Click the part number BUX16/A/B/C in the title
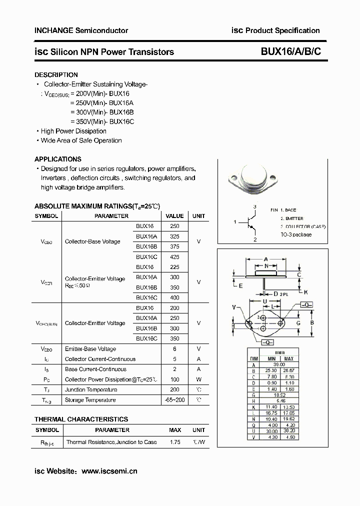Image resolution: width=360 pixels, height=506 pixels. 290,51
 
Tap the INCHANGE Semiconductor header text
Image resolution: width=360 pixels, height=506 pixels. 81,30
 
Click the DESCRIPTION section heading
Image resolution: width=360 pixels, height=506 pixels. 56,74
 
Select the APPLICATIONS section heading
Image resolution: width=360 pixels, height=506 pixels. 57,159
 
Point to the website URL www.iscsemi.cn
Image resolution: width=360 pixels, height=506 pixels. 109,471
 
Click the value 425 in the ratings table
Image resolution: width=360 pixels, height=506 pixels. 174,257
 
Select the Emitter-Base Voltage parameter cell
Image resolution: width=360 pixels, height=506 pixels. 90,349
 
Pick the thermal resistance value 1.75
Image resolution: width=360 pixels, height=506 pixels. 174,442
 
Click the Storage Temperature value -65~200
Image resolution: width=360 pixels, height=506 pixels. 174,400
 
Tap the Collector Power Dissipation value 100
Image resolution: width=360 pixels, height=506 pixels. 174,379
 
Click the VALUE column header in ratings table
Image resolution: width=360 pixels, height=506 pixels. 174,216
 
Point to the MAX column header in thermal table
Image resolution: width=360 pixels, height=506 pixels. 174,430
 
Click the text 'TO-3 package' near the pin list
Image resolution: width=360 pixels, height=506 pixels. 295,234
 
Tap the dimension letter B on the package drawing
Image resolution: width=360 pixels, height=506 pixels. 312,322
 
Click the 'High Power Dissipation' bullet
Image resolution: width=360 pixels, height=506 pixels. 73,131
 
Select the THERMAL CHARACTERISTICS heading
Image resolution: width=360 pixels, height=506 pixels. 81,419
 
